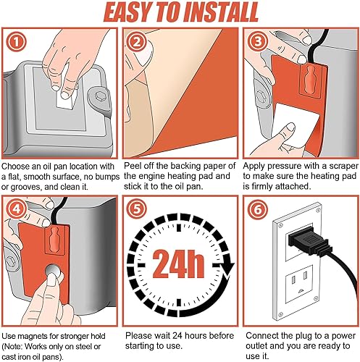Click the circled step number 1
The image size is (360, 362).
tap(16, 42)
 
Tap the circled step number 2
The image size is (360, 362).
tap(137, 42)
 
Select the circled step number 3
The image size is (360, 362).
tap(258, 41)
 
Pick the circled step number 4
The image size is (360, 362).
tap(16, 209)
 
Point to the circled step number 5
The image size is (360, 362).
tap(137, 209)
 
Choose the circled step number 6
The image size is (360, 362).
tap(258, 209)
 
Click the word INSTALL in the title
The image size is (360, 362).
tap(220, 12)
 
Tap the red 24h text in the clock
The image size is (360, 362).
tap(178, 264)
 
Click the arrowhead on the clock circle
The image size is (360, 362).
tap(227, 269)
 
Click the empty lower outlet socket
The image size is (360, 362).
tap(299, 285)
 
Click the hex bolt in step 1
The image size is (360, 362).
tap(99, 96)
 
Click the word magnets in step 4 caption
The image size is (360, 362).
tap(33, 336)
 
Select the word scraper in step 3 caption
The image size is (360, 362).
tap(344, 167)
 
